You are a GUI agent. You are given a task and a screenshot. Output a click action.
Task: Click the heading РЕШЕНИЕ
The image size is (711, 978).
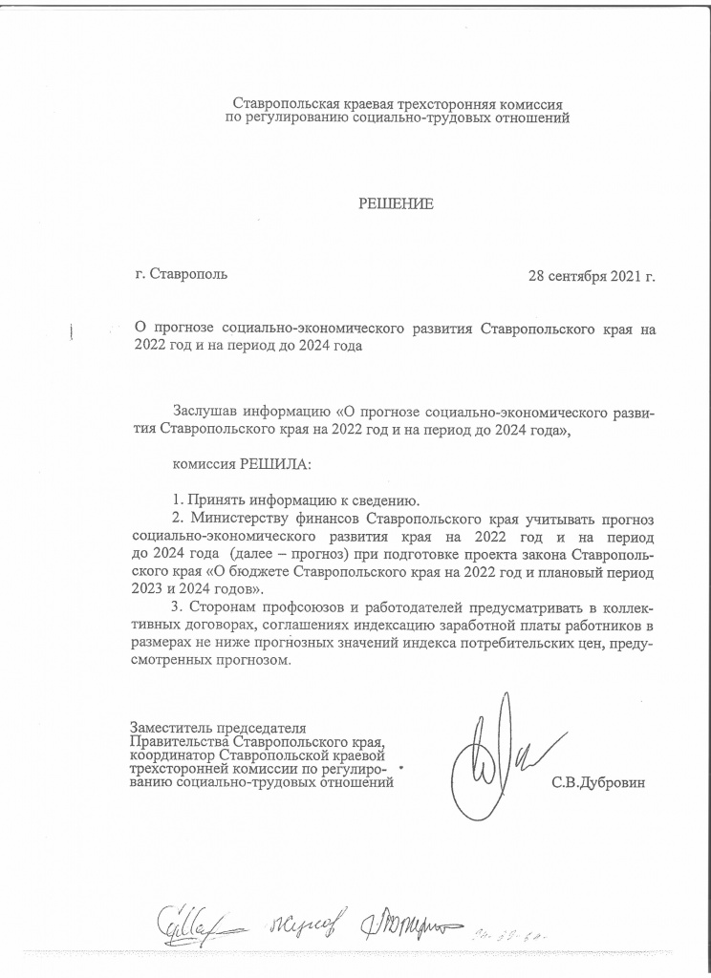[396, 203]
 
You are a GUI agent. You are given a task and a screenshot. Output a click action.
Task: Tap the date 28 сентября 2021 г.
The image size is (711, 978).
[592, 276]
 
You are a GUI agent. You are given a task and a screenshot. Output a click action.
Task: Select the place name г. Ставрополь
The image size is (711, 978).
[183, 275]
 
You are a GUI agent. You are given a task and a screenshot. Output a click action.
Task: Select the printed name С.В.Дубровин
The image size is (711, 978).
[598, 783]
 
